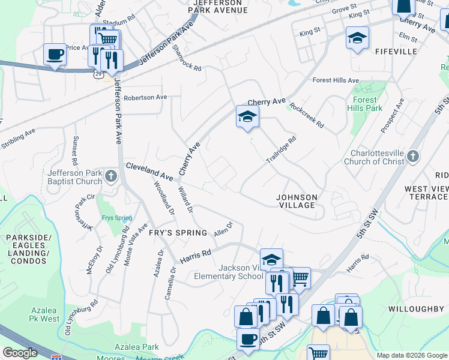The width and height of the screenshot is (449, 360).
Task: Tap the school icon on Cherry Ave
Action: (x=247, y=116)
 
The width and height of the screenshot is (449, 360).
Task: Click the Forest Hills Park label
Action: (x=365, y=104)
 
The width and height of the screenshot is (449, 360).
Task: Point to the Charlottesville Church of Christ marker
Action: (x=412, y=157)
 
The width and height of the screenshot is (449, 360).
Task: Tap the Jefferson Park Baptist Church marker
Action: (x=110, y=176)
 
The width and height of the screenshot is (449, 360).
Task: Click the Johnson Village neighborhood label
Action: (x=297, y=201)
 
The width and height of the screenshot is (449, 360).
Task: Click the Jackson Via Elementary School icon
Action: (x=271, y=259)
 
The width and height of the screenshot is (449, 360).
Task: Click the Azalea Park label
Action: (x=137, y=347)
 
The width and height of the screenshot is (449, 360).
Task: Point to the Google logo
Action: (x=20, y=353)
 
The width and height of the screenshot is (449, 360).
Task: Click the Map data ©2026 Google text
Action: (x=411, y=355)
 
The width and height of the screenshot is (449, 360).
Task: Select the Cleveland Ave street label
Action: (x=149, y=172)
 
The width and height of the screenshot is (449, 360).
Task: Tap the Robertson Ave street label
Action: (x=145, y=97)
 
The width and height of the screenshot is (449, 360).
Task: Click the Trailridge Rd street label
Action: (x=281, y=151)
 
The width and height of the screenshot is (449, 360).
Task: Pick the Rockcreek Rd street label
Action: (x=306, y=115)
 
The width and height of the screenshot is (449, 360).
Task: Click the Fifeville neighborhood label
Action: (x=396, y=52)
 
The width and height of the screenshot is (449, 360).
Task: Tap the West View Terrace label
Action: (x=427, y=193)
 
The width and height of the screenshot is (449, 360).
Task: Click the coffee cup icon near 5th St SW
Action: (x=248, y=338)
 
